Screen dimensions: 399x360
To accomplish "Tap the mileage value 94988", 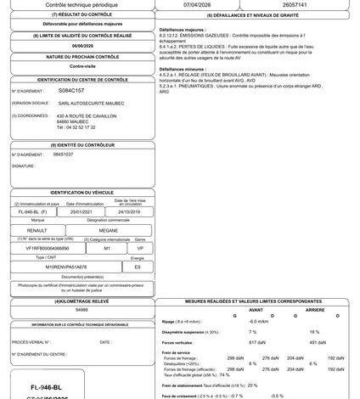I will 82,311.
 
